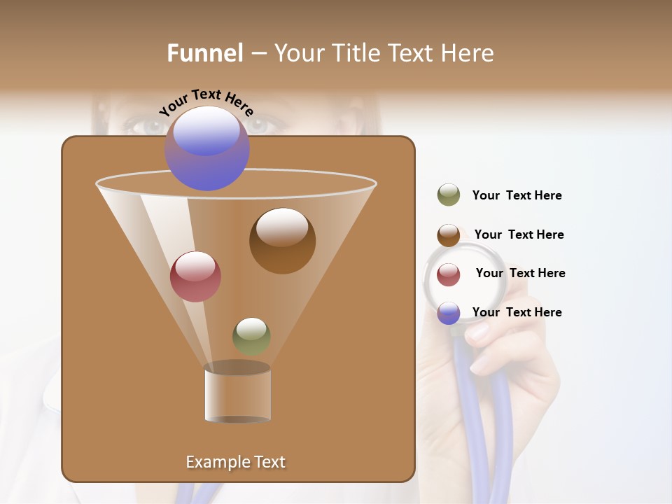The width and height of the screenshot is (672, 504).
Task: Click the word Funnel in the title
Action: [x=204, y=53]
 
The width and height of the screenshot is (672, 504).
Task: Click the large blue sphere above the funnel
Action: [x=207, y=148]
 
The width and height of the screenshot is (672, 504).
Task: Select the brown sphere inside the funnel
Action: [x=282, y=241]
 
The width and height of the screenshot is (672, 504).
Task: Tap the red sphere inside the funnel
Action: [x=195, y=276]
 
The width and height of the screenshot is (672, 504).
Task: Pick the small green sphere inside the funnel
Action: [x=251, y=336]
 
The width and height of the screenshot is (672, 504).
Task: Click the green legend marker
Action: [x=449, y=195]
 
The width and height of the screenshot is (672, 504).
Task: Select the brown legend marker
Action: [x=449, y=235]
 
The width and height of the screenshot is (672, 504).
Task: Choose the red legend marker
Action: [x=449, y=274]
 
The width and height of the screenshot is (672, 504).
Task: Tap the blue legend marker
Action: [x=449, y=313]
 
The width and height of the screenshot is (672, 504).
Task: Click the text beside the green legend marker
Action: [x=517, y=196]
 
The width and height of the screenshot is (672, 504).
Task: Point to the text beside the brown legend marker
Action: [x=519, y=234]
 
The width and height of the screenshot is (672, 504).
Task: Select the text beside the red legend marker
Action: [x=520, y=273]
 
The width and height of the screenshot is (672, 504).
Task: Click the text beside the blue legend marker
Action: [x=517, y=312]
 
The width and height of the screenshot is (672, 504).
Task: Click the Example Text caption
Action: [x=236, y=462]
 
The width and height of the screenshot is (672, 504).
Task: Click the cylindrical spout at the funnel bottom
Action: [x=237, y=395]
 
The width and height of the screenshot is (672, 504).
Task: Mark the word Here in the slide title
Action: [x=468, y=53]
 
